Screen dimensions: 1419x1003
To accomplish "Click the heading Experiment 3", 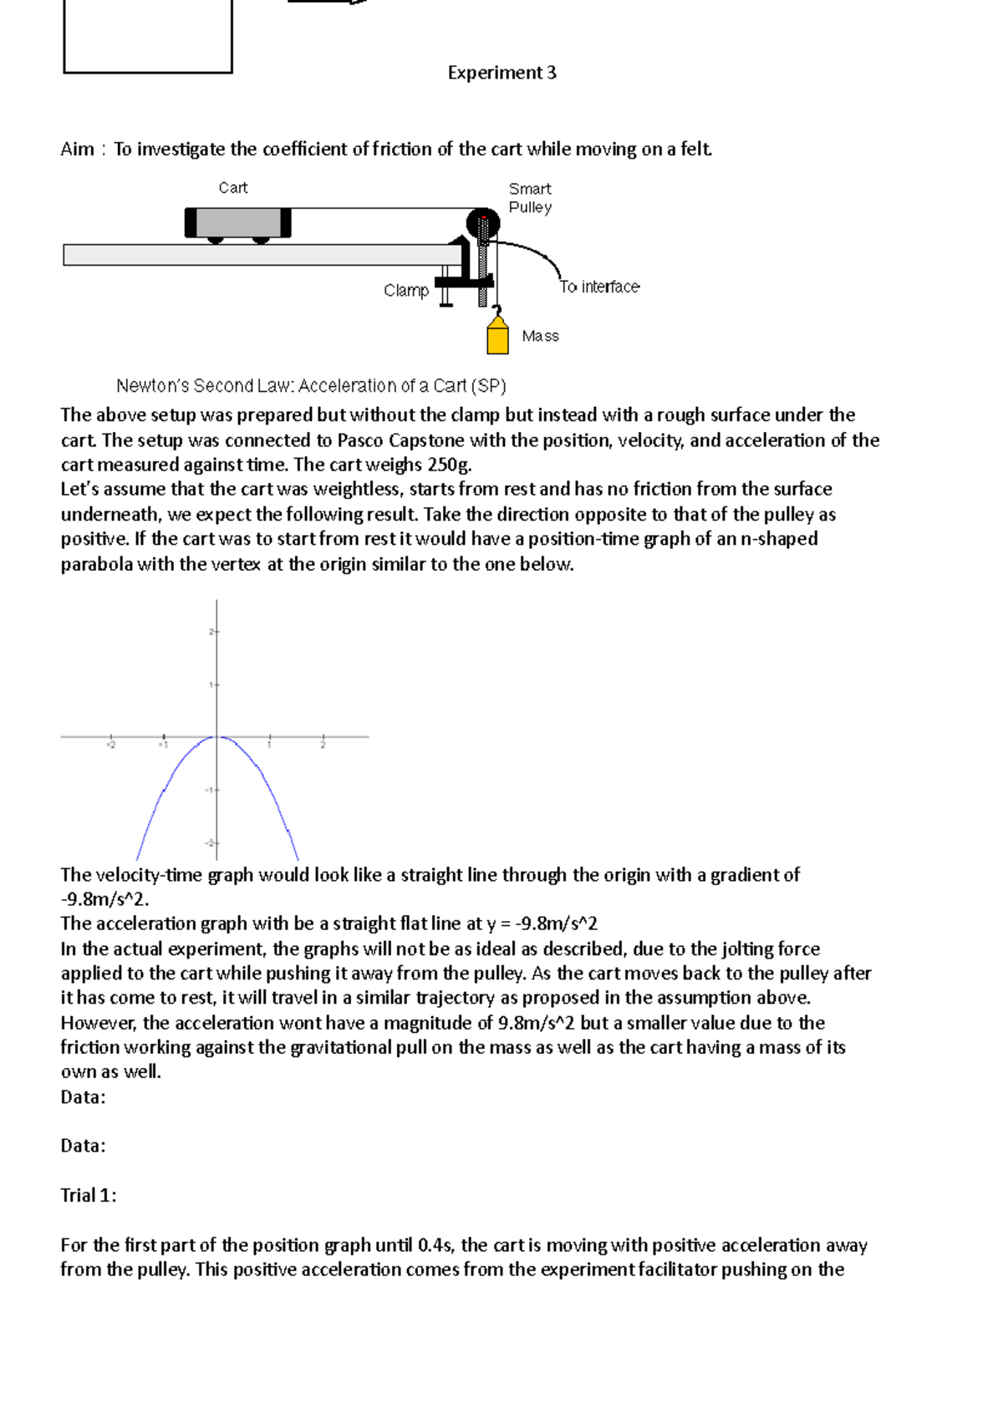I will pos(501,73).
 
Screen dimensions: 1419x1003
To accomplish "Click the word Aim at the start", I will pos(77,150).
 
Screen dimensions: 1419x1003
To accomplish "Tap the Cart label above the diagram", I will pos(232,188).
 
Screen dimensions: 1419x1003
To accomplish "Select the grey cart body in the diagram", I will pos(238,223).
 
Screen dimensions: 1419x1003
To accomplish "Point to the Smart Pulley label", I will pos(530,198).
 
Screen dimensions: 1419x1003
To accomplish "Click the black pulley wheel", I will pos(482,223).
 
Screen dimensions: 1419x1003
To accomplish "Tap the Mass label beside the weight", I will pos(540,336).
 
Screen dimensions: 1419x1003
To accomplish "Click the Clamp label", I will pos(406,290).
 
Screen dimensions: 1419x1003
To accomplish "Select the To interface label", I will pos(599,287).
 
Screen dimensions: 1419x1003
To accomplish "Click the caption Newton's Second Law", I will pos(311,386).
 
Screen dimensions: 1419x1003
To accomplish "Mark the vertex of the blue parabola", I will pos(217,736).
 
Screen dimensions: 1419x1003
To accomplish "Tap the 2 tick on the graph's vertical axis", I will pos(214,632).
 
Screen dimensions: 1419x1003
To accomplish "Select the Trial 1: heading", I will pos(89,1196).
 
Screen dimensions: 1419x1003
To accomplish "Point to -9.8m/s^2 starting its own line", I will pos(104,900).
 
